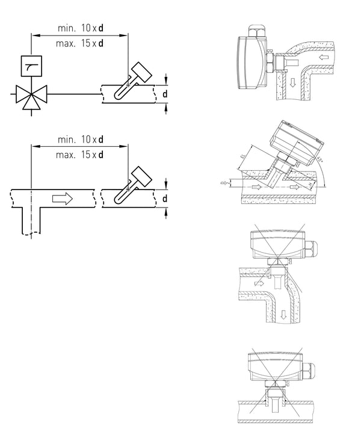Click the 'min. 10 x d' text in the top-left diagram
point(81,28)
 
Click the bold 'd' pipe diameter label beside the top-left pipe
point(164,94)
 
